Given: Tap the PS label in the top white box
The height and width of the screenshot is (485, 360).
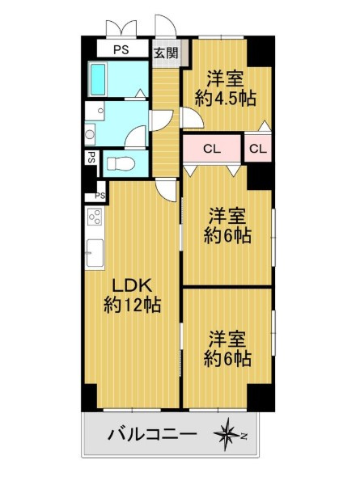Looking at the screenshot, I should (x=121, y=50).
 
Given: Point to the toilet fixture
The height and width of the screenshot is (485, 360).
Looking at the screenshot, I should (x=120, y=163).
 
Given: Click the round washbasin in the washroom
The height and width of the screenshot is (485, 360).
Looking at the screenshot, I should (x=90, y=135).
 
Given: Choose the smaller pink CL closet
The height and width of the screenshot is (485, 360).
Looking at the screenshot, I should (x=258, y=149).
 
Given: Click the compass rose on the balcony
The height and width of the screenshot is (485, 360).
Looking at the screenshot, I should (x=229, y=436).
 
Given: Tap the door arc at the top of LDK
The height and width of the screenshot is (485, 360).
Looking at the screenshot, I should (x=167, y=189).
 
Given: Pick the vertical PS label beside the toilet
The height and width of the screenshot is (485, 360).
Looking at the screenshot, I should (x=91, y=158).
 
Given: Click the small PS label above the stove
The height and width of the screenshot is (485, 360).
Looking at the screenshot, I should (x=100, y=196).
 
